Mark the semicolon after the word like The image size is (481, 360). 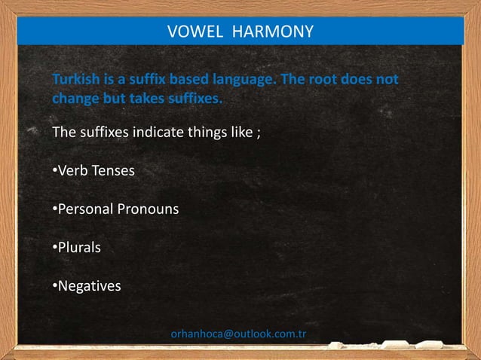(x=258, y=135)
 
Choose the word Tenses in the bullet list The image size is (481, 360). (x=113, y=171)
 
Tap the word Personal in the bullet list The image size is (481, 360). (x=83, y=209)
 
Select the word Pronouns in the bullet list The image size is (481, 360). (x=148, y=209)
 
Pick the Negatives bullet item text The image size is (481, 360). (x=89, y=286)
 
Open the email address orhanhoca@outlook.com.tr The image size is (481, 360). (x=238, y=334)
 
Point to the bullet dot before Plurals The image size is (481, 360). (x=54, y=248)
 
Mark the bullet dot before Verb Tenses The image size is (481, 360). (x=54, y=171)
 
